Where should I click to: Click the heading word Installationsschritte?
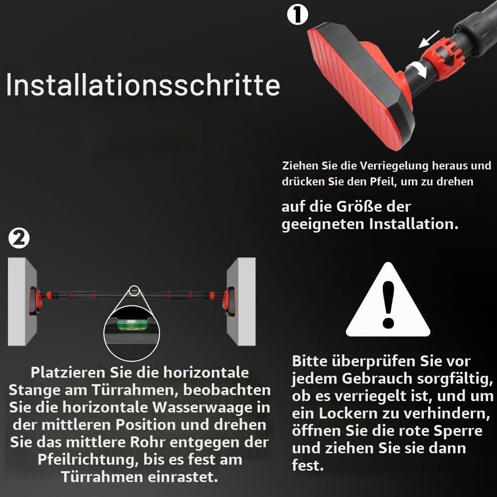pyautogui.click(x=143, y=85)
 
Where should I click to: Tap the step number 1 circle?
pyautogui.click(x=297, y=14)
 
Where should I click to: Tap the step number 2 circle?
pyautogui.click(x=19, y=239)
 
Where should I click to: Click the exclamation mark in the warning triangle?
pyautogui.click(x=388, y=305)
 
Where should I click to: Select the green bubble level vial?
pyautogui.click(x=131, y=325)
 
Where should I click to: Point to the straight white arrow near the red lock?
pyautogui.click(x=429, y=39)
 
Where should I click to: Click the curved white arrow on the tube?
pyautogui.click(x=417, y=70)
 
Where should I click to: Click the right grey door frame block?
pyautogui.click(x=241, y=301)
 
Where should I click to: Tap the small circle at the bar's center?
pyautogui.click(x=134, y=290)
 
